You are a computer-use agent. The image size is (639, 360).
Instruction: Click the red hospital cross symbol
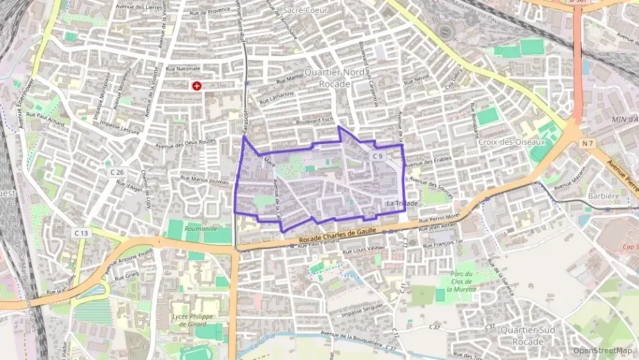point(197,86)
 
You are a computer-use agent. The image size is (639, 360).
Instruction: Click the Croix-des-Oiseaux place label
point(513,142)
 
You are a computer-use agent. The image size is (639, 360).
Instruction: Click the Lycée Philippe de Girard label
point(193,320)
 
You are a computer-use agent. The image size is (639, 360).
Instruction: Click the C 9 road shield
point(379,156)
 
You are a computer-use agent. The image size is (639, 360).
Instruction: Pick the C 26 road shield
point(117,171)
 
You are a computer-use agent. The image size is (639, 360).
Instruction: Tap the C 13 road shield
point(81,233)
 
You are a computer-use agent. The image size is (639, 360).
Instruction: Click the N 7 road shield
point(588,143)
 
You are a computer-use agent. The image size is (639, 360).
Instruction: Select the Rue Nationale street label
point(183,68)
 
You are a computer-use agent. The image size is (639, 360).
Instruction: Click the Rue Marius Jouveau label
point(204,180)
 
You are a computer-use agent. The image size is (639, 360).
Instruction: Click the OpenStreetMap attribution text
point(602,350)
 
